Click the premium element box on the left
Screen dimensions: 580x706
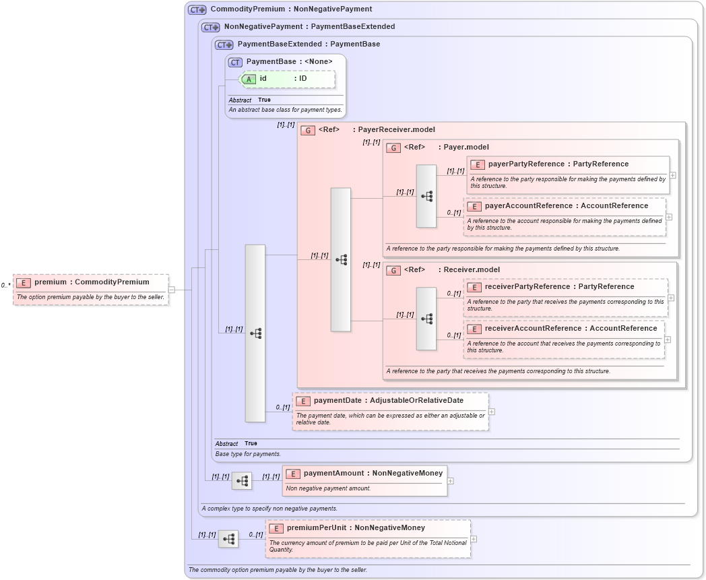pos(90,289)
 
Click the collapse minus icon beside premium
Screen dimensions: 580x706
pos(172,290)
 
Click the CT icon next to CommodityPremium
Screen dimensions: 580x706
pos(197,9)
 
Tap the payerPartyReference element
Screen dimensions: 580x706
pos(568,174)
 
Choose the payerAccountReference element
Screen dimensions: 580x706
pos(565,216)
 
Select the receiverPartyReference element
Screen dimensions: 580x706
pos(565,297)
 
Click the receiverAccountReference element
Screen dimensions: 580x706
pos(564,339)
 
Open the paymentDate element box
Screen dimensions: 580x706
pos(390,411)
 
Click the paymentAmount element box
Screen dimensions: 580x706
pos(364,480)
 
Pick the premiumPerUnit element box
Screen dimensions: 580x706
pos(368,538)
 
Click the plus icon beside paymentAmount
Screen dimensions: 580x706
pos(450,481)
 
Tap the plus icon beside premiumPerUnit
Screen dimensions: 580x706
pos(474,539)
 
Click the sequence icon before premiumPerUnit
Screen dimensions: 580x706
pos(228,539)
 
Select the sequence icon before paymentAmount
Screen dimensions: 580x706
pos(242,481)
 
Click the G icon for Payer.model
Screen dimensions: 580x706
pos(393,148)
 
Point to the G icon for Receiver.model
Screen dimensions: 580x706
pos(393,270)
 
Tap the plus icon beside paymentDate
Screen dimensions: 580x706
pos(492,412)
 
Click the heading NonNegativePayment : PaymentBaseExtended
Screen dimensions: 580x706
pos(309,27)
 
